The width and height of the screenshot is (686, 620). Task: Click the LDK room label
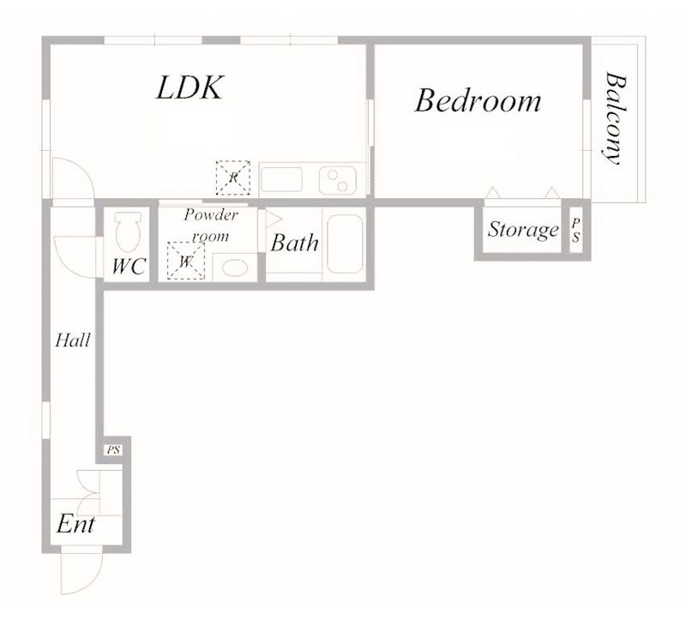pyautogui.click(x=190, y=87)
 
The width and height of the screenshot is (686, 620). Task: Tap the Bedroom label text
pyautogui.click(x=478, y=100)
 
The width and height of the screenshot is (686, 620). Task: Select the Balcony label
pyautogui.click(x=615, y=118)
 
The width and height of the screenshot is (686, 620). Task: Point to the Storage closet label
pyautogui.click(x=523, y=230)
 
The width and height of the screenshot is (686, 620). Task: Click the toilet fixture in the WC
pyautogui.click(x=128, y=232)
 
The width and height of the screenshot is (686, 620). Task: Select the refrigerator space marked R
pyautogui.click(x=233, y=178)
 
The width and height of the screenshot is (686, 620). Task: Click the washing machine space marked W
pyautogui.click(x=186, y=261)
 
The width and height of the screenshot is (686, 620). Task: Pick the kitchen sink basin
pyautogui.click(x=282, y=179)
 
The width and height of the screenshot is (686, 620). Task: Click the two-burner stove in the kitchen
pyautogui.click(x=338, y=180)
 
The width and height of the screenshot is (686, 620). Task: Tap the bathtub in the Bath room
pyautogui.click(x=345, y=244)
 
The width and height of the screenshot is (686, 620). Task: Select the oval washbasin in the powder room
pyautogui.click(x=235, y=268)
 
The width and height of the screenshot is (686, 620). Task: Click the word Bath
pyautogui.click(x=294, y=243)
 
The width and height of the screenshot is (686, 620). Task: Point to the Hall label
pyautogui.click(x=73, y=340)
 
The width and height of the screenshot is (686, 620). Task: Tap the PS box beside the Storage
pyautogui.click(x=575, y=231)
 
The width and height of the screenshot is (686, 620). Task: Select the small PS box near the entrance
pyautogui.click(x=114, y=450)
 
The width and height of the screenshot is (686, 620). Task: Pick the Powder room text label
pyautogui.click(x=211, y=225)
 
